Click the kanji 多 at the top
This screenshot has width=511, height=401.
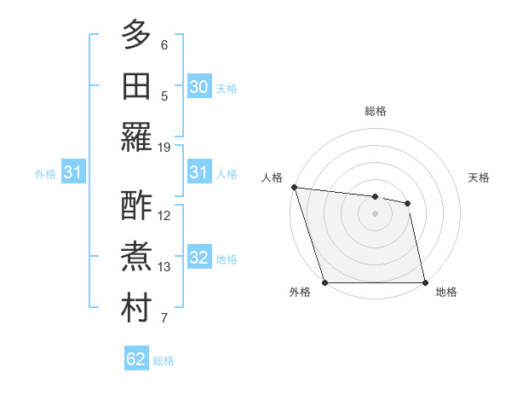136,36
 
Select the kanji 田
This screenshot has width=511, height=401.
136,85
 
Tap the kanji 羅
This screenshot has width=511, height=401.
136,137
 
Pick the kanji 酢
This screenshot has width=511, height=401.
136,206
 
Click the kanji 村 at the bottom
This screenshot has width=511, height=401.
136,310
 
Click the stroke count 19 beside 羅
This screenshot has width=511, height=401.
164,147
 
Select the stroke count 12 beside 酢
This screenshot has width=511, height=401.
164,215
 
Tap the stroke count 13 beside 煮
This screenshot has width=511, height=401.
164,267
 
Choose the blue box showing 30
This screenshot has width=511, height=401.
199,87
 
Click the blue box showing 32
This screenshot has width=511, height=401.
199,259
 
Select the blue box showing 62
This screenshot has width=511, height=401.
136,359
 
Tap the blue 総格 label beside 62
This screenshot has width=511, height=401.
164,361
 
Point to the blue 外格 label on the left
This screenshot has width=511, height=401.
45,174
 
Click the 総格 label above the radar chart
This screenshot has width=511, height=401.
375,111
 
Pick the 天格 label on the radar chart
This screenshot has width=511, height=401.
479,177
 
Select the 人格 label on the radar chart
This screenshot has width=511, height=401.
272,177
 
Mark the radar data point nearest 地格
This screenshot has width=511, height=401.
424,282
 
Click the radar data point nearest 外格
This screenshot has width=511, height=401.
325,282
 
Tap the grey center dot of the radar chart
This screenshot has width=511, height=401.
375,213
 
